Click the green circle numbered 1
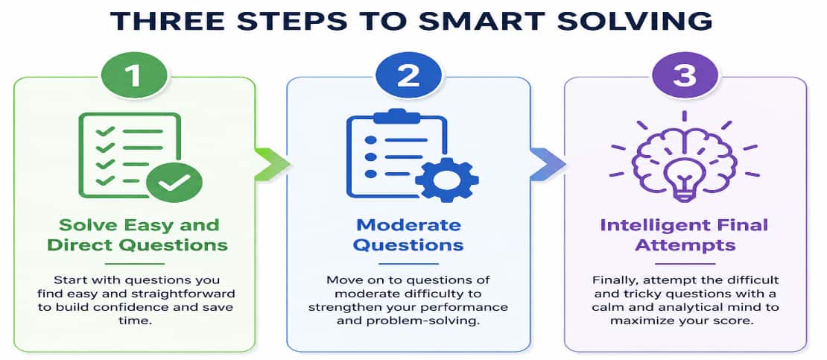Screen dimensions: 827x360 [135, 76]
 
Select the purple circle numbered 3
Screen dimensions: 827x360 [685, 76]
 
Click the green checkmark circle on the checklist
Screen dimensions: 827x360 [174, 182]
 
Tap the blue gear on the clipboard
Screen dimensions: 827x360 [447, 179]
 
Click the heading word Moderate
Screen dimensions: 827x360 [409, 225]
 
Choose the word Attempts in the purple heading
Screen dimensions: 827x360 [685, 245]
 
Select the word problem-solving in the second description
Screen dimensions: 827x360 [446, 320]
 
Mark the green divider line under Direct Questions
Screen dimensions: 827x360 [135, 263]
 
